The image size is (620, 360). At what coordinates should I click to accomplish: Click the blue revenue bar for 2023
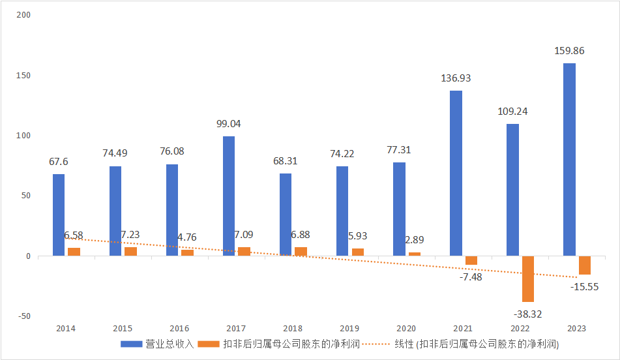[x=569, y=159]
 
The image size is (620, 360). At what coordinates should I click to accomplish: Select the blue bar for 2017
[x=229, y=196]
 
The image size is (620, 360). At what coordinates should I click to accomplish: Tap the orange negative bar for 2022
[x=528, y=278]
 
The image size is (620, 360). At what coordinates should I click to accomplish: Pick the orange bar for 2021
[x=471, y=260]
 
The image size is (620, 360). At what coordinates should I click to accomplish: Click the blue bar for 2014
[x=59, y=215]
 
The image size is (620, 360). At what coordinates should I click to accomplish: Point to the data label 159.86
[x=569, y=50]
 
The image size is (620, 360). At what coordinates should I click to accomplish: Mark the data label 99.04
[x=229, y=123]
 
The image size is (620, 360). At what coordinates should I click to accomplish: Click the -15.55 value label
[x=585, y=286]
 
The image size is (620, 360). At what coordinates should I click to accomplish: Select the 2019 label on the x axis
[x=349, y=328]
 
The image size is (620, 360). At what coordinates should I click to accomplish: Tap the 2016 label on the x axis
[x=179, y=328]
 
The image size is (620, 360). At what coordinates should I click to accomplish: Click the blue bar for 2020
[x=399, y=209]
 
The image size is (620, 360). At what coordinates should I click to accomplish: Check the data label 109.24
[x=512, y=111]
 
